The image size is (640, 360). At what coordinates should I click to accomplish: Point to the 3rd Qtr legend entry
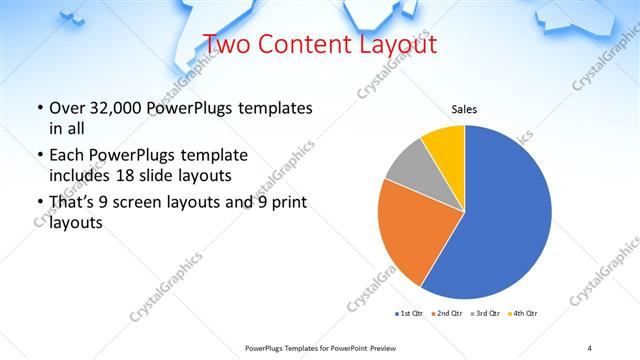coord(485,314)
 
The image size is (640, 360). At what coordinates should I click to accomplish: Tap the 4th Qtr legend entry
coord(522,314)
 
